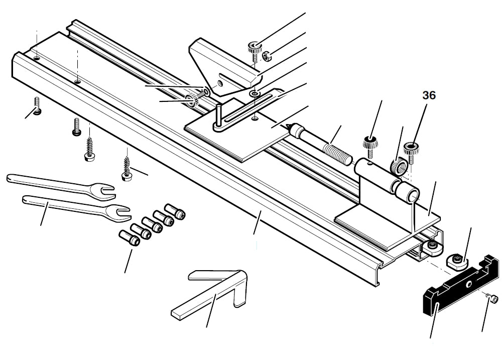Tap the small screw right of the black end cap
(x=493, y=300)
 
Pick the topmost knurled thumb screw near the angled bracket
(x=254, y=49)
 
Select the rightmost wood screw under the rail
(x=126, y=168)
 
